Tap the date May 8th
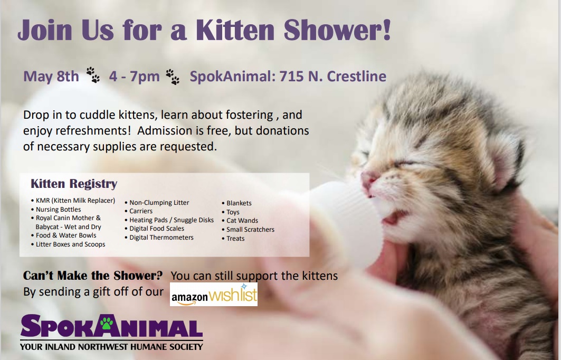pyautogui.click(x=51, y=77)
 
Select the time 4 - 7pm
pyautogui.click(x=134, y=77)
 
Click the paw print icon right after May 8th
pyautogui.click(x=93, y=75)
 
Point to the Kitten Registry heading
pyautogui.click(x=74, y=184)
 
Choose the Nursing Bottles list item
pyautogui.click(x=59, y=210)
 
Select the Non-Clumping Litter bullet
pyautogui.click(x=159, y=203)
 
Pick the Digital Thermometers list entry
pyautogui.click(x=161, y=238)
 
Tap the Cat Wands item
pyautogui.click(x=242, y=221)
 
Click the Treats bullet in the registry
pyautogui.click(x=235, y=239)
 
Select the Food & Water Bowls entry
pyautogui.click(x=66, y=235)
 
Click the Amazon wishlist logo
pyautogui.click(x=214, y=295)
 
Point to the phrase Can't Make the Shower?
pyautogui.click(x=93, y=276)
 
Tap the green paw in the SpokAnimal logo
pyautogui.click(x=108, y=323)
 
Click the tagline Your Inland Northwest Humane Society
pyautogui.click(x=111, y=347)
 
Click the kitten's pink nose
pyautogui.click(x=369, y=177)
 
